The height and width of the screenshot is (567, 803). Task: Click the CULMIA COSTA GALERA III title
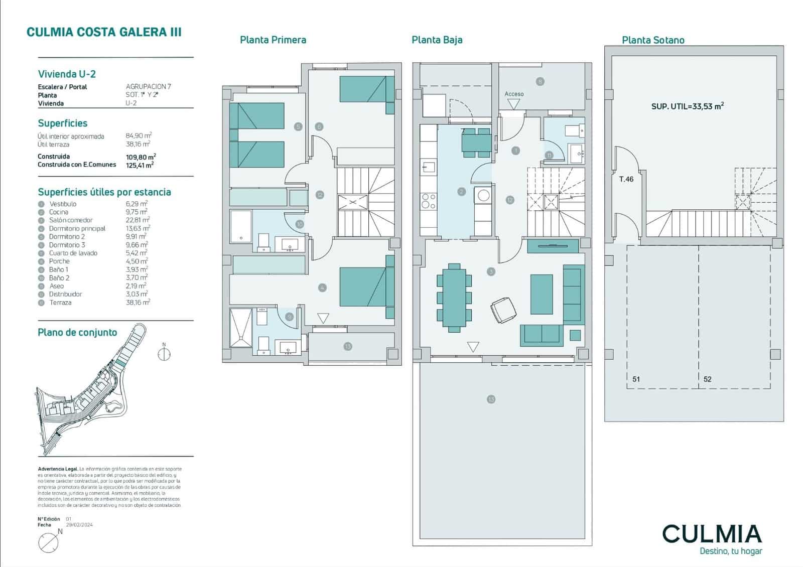(x=104, y=32)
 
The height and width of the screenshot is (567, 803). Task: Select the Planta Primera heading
(x=273, y=40)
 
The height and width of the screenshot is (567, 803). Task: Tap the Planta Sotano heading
(x=653, y=40)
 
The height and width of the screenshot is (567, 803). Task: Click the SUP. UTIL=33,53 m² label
(x=687, y=106)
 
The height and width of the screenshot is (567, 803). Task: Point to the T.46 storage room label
(x=626, y=179)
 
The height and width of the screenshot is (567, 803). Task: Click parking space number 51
(x=636, y=379)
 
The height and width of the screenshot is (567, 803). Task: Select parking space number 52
(x=707, y=379)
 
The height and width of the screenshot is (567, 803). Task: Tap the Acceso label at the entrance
(x=514, y=94)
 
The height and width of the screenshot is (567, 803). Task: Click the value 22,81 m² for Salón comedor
(x=138, y=220)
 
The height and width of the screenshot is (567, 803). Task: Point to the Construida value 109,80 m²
(x=141, y=157)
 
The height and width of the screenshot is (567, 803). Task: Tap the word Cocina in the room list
(x=59, y=212)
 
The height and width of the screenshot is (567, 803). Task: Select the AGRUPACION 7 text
(x=148, y=87)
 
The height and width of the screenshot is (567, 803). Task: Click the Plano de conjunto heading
(x=77, y=333)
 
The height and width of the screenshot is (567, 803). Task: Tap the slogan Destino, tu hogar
(x=730, y=551)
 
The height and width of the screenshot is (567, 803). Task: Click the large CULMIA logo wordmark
(x=712, y=534)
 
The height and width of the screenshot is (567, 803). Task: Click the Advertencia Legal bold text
(x=57, y=469)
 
